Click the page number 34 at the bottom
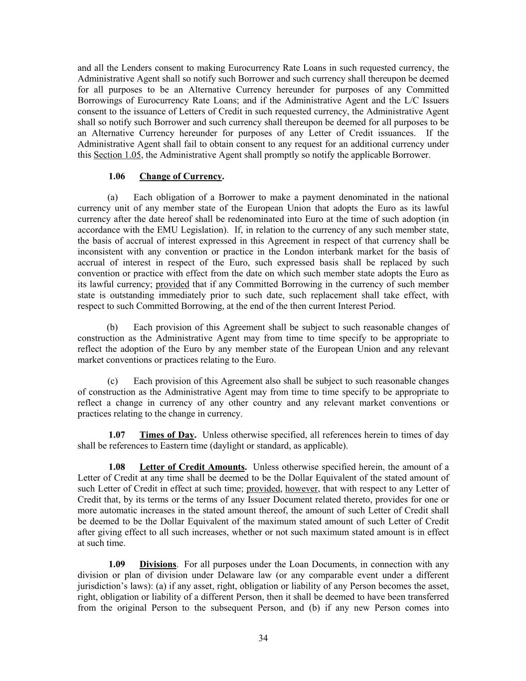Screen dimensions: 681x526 coord(263,638)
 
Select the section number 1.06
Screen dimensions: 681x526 coord(117,176)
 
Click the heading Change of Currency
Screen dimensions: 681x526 coord(180,176)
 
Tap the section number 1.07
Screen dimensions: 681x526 coord(117,435)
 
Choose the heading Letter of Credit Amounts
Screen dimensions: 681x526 coord(192,467)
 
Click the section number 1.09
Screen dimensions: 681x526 coord(117,565)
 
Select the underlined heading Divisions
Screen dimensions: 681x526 coord(158,565)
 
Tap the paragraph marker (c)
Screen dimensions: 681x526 coord(113,381)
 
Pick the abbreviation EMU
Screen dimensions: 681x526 coord(159,230)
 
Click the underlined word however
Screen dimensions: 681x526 coord(301,489)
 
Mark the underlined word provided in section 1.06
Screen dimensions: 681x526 coord(173,284)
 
